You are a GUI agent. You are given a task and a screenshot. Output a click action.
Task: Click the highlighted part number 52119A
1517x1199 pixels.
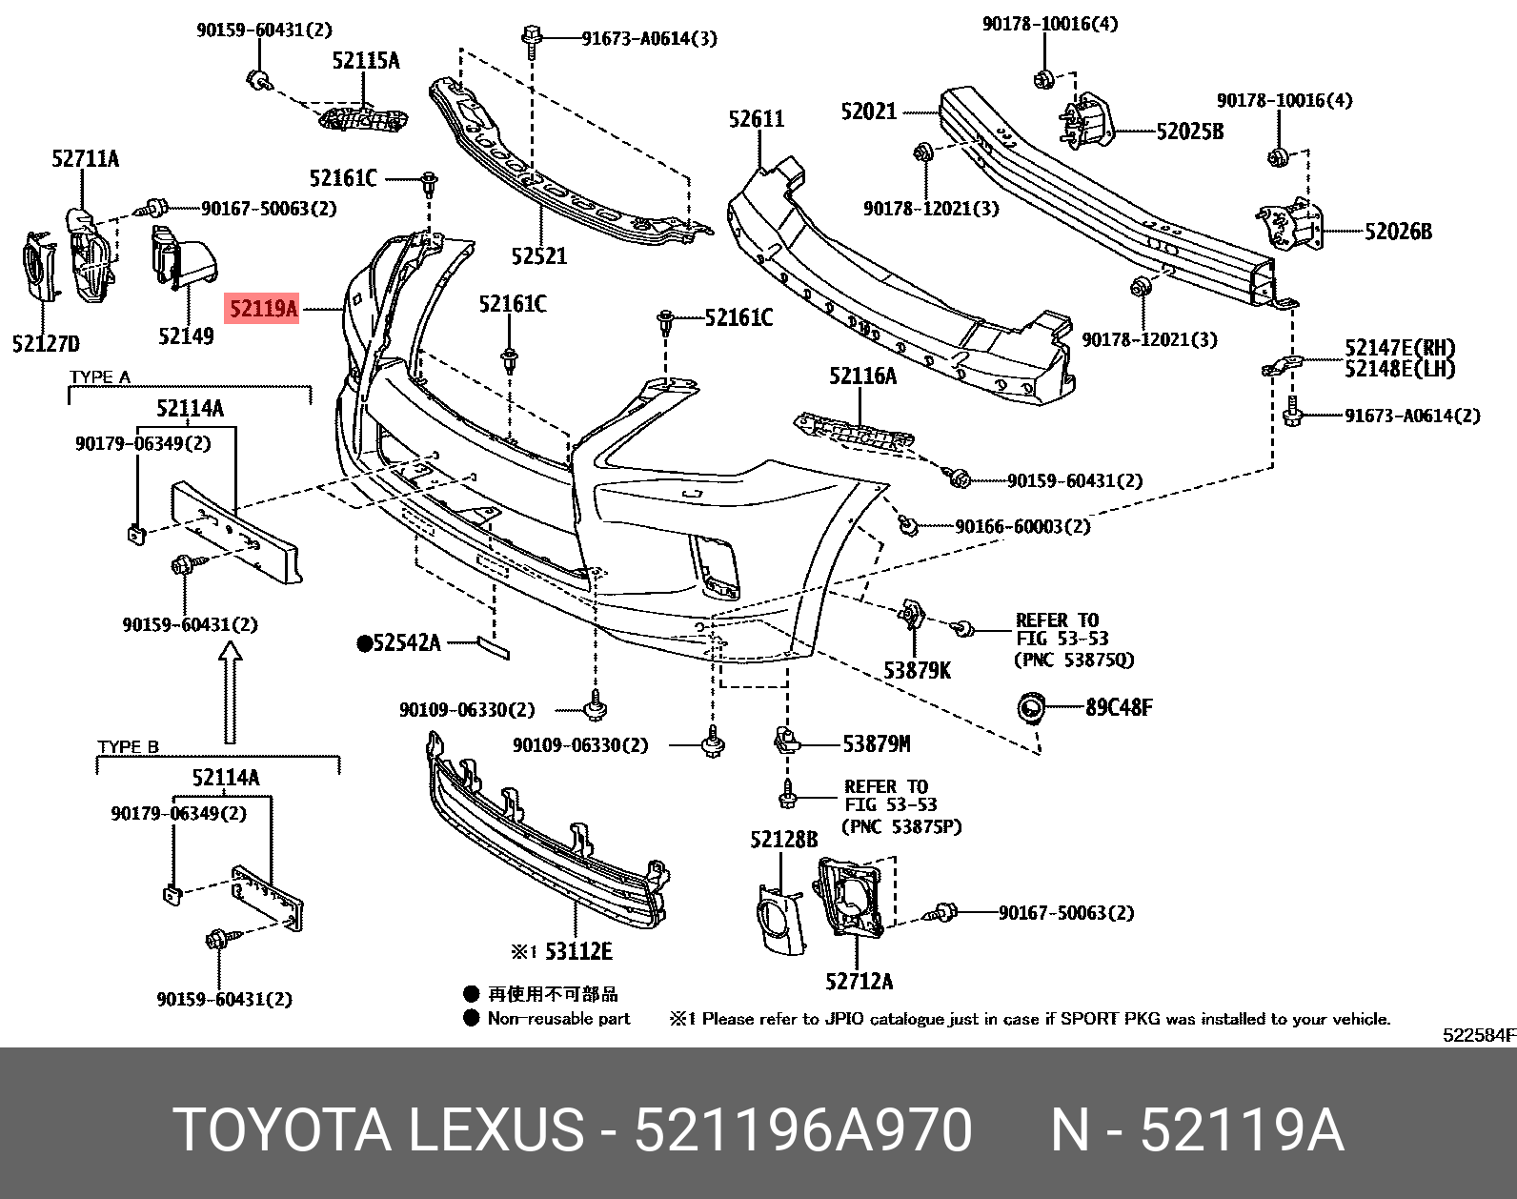coord(263,309)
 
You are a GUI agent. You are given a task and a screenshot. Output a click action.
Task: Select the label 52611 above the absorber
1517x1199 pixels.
coord(756,119)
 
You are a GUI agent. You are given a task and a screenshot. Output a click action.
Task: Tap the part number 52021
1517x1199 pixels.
coord(868,112)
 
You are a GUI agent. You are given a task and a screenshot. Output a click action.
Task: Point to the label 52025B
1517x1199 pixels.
coord(1189,132)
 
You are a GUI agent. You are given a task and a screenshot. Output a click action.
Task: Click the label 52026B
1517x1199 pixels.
coord(1397,232)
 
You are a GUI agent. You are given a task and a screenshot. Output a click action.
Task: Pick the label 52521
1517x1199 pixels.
coord(538,255)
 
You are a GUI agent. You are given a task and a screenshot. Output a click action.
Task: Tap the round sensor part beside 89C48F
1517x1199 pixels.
coord(1031,708)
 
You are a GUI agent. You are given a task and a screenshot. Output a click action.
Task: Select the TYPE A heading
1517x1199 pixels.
coord(99,376)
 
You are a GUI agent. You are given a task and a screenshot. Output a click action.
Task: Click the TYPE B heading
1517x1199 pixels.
coord(128,746)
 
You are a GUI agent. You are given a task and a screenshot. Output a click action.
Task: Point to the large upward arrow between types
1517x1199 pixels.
coord(229,693)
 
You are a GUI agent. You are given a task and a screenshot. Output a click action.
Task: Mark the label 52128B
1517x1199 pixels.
coord(783,840)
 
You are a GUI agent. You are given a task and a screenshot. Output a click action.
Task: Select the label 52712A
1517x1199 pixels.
coord(859,981)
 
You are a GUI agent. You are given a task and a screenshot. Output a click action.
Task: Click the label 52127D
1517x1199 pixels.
coord(46,344)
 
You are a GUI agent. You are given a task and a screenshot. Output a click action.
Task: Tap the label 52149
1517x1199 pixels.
coord(186,335)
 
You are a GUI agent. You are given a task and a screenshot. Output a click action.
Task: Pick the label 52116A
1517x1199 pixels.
coord(862,376)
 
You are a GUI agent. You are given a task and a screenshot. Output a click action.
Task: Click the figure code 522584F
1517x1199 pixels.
coord(1478,1036)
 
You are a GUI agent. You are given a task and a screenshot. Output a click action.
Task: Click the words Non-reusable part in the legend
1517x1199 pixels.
coord(558,1018)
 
